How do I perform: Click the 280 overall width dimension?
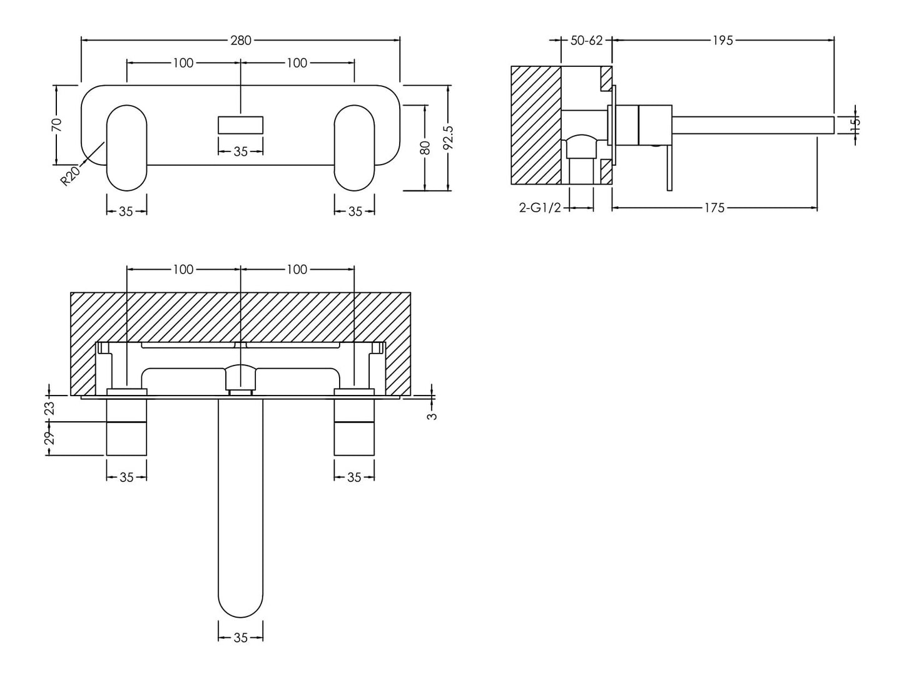click(240, 41)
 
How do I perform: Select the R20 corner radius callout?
click(69, 175)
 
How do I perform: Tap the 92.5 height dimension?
click(447, 138)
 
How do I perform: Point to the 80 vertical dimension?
click(425, 148)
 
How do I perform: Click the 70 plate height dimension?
click(57, 125)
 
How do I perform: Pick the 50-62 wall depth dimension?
click(586, 41)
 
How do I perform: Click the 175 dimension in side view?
click(714, 208)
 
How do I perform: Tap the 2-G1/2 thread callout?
click(541, 208)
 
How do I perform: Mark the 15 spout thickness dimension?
click(856, 124)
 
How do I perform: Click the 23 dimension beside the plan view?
click(50, 408)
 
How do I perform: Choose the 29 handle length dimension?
click(50, 437)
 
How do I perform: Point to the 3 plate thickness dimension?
click(432, 415)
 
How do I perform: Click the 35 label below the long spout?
click(240, 638)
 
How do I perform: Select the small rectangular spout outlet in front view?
click(240, 125)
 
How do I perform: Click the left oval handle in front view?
click(126, 148)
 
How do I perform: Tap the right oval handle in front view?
click(354, 148)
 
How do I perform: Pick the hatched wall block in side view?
click(536, 125)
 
